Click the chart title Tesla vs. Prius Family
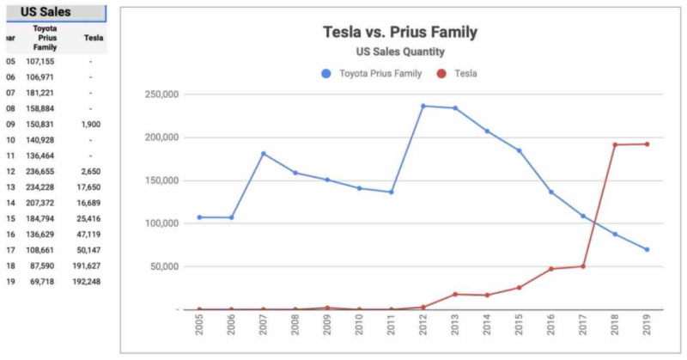click(399, 33)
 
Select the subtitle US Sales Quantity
click(399, 52)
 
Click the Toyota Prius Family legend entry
click(372, 74)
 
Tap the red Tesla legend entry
click(459, 74)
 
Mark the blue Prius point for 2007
click(264, 154)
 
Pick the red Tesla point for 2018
click(615, 144)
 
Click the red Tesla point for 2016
click(551, 269)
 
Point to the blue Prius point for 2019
click(646, 249)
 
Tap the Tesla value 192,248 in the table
click(90, 281)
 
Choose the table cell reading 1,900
click(90, 123)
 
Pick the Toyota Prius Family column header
click(45, 37)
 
